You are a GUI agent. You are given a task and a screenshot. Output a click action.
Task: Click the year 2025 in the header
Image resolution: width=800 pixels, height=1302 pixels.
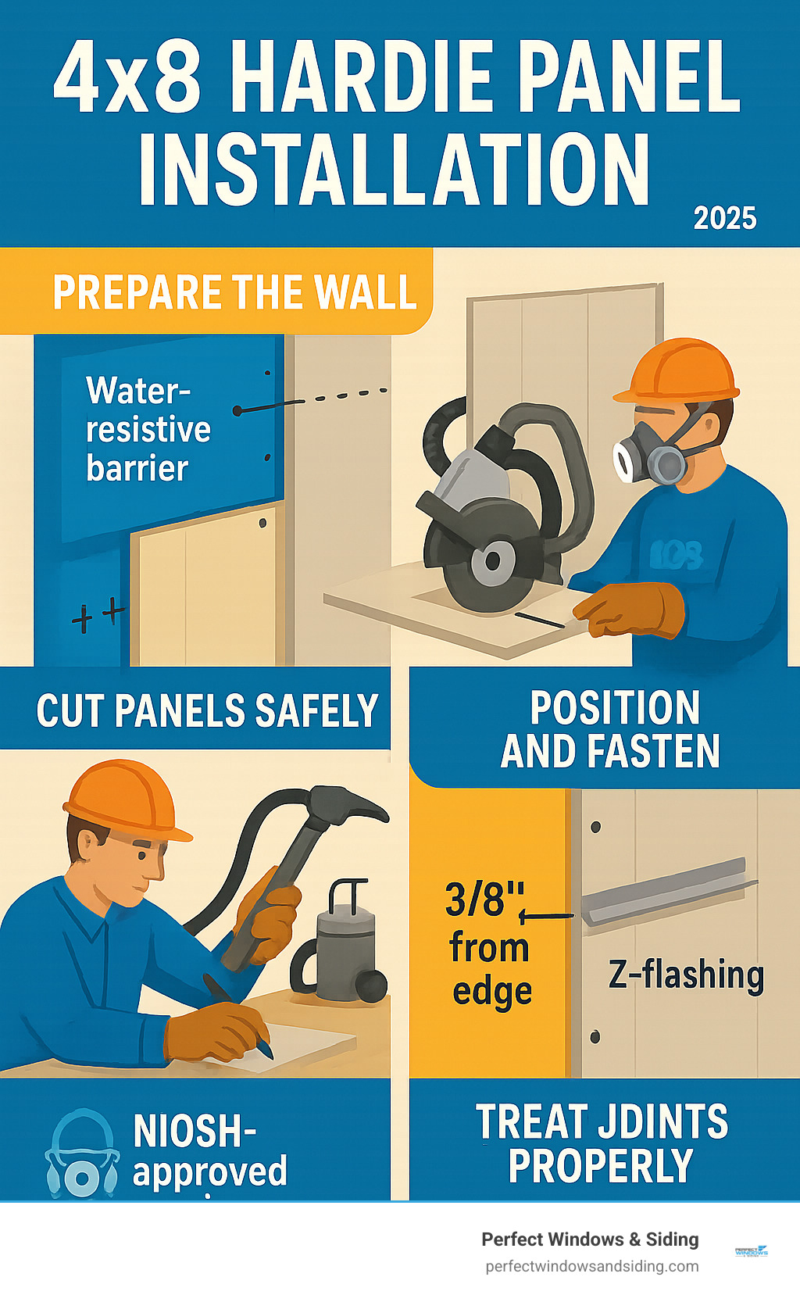tap(724, 218)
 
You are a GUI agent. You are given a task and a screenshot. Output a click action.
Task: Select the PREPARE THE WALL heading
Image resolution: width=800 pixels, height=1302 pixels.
tap(234, 292)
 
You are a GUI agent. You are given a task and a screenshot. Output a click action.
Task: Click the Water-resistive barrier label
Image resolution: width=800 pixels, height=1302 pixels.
tap(148, 429)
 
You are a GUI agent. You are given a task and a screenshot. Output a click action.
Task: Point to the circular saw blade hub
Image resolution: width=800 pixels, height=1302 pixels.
tap(493, 561)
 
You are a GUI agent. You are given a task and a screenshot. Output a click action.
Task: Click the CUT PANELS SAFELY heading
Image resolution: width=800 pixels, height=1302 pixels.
tap(207, 710)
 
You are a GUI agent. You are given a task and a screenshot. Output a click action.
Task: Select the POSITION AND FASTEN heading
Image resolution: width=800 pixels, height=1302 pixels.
tap(611, 729)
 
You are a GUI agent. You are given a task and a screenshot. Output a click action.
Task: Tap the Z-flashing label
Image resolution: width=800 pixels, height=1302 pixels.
tap(685, 975)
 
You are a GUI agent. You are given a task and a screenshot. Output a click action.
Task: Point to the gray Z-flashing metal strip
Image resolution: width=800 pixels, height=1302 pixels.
tap(668, 891)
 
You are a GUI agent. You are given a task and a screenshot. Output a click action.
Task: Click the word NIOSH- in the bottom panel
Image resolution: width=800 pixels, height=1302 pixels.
tap(195, 1130)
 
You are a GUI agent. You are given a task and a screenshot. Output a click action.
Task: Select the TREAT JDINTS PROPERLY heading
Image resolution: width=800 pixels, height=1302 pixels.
tap(602, 1143)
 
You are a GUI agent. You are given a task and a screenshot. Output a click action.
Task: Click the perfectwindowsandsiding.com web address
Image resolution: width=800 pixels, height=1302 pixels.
tap(591, 1266)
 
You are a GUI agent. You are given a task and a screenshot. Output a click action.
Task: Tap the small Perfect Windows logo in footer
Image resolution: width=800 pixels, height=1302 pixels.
tap(752, 1251)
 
